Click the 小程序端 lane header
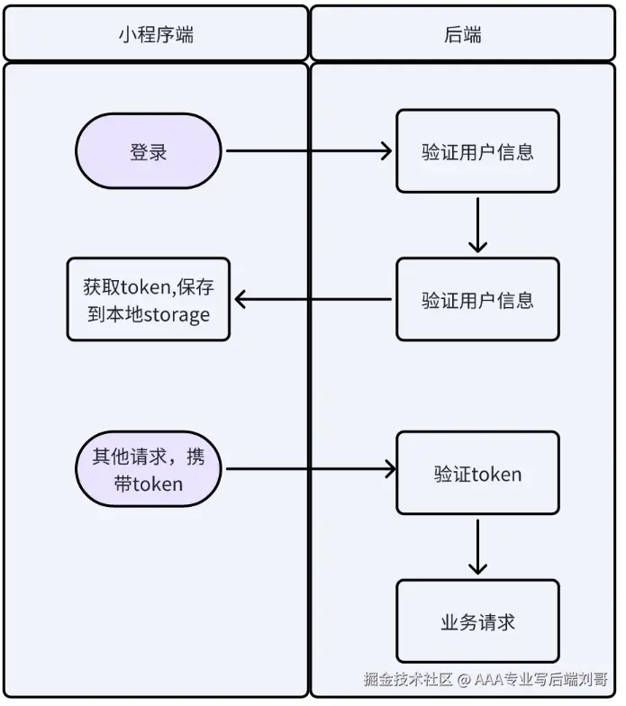(x=156, y=33)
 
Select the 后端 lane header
(x=463, y=33)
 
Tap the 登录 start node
(x=148, y=151)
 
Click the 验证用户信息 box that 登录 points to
(x=477, y=151)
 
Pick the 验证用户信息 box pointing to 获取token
(x=477, y=299)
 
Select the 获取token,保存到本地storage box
(x=148, y=299)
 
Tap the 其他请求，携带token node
(x=148, y=469)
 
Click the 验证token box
(x=477, y=473)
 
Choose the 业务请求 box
(x=477, y=621)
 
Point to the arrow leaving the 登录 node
(x=309, y=151)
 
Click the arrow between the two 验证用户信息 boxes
(x=477, y=225)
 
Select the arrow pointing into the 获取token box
(x=313, y=299)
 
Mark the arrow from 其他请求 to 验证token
(x=311, y=469)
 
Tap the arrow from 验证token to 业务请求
(x=477, y=548)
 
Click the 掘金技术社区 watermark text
(x=408, y=679)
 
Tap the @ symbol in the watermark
(x=463, y=679)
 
